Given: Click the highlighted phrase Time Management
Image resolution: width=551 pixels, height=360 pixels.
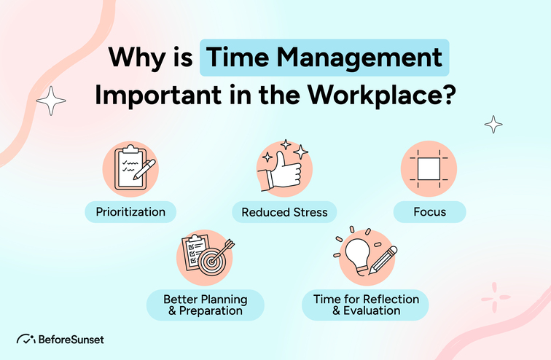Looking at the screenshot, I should [x=324, y=57].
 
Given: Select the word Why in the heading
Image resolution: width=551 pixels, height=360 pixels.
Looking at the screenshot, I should [x=131, y=57].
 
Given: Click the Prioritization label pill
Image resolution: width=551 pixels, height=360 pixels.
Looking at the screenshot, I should [x=130, y=213].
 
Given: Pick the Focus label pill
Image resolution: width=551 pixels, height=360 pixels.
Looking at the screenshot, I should [x=430, y=213].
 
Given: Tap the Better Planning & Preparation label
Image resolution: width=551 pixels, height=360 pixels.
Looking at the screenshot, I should [x=205, y=305].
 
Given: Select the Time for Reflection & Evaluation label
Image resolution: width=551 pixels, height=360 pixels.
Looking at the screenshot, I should [x=366, y=305].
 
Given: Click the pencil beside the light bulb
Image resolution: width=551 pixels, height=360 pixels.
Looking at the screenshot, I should [x=383, y=259].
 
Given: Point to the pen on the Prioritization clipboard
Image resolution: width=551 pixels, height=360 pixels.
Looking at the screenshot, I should [x=146, y=170].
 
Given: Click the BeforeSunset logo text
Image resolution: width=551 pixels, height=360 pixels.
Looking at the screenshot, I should [x=71, y=339].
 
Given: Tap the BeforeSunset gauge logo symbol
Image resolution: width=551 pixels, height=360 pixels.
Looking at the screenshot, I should [x=26, y=339].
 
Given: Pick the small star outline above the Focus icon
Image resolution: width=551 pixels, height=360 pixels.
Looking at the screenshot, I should [x=493, y=124].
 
